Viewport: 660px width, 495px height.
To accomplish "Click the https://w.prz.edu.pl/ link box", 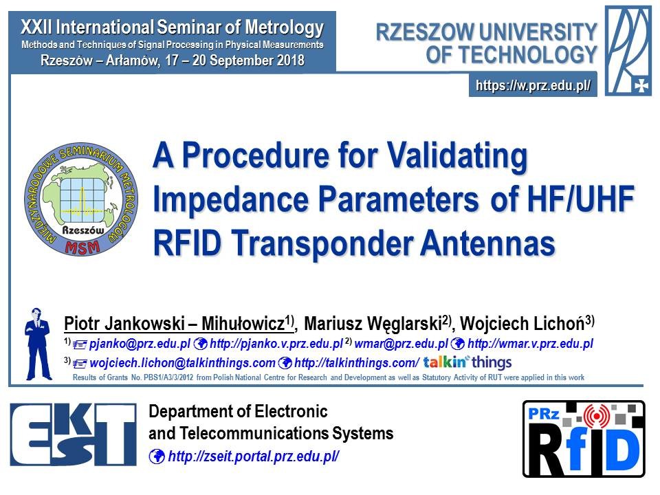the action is pyautogui.click(x=533, y=85).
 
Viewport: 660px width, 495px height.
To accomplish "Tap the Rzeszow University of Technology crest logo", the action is pyautogui.click(x=628, y=50).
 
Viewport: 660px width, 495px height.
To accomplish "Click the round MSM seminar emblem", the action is pyautogui.click(x=81, y=199).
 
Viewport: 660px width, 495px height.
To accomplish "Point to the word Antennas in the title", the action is pyautogui.click(x=487, y=244).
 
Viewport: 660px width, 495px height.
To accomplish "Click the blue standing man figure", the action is pyautogui.click(x=38, y=344).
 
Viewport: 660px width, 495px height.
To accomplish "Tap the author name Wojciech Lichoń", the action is pyautogui.click(x=522, y=324).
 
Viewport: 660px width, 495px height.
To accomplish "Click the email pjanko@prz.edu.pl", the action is pyautogui.click(x=140, y=344).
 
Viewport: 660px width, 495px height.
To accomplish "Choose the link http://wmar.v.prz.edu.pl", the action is pyautogui.click(x=530, y=344).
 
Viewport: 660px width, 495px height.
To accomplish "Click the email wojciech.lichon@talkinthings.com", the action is pyautogui.click(x=182, y=363).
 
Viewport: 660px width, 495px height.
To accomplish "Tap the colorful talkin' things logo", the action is pyautogui.click(x=467, y=362).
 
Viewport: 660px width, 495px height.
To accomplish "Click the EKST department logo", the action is pyautogui.click(x=74, y=434).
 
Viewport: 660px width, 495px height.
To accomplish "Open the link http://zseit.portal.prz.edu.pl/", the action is pyautogui.click(x=254, y=456).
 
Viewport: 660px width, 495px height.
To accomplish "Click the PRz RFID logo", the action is pyautogui.click(x=584, y=439).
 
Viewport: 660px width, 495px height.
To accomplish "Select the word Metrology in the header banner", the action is pyautogui.click(x=284, y=27).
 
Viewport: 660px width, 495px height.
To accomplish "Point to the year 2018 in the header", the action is pyautogui.click(x=290, y=60).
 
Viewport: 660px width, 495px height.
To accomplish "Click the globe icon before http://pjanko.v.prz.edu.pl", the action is pyautogui.click(x=200, y=344).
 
